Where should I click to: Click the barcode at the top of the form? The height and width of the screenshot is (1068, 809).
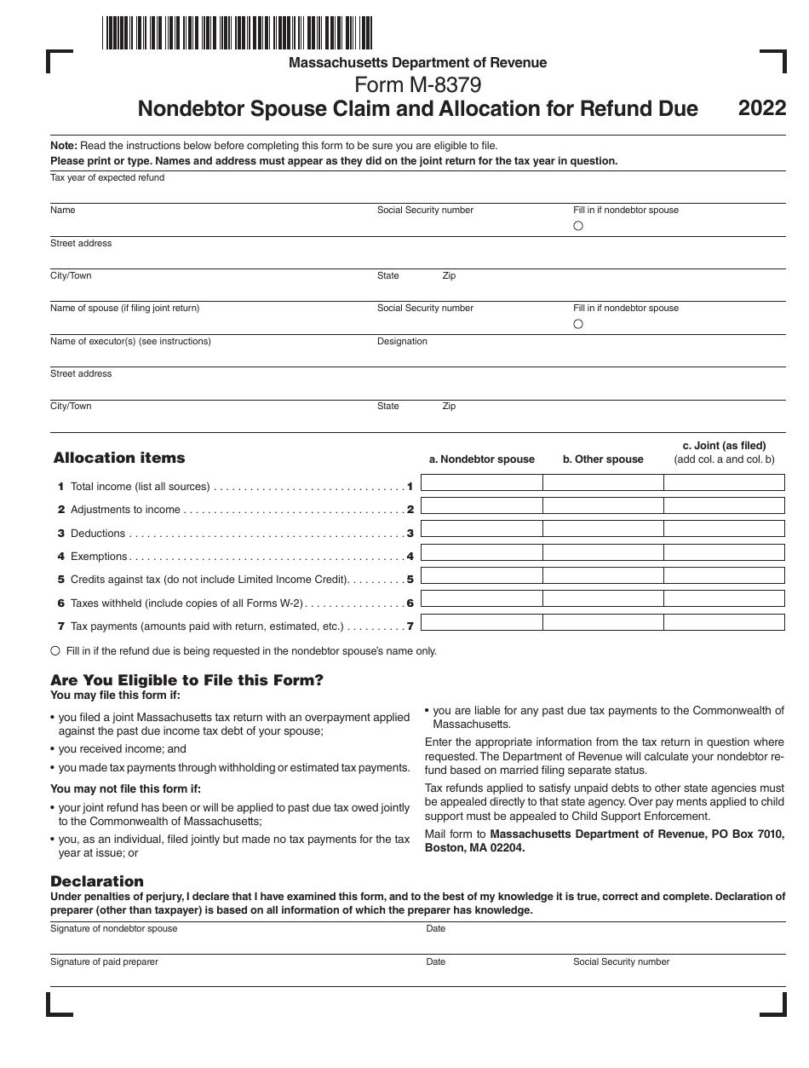[x=237, y=32]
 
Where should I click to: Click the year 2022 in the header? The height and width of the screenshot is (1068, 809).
[x=762, y=108]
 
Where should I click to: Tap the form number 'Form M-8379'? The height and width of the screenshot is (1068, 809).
[x=417, y=85]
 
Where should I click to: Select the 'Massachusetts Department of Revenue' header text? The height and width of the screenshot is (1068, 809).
[x=417, y=62]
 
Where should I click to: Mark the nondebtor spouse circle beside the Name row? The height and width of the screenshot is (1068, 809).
[x=578, y=227]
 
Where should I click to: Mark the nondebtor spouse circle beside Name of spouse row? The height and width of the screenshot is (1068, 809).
[x=578, y=324]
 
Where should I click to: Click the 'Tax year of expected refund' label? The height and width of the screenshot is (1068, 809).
[x=107, y=177]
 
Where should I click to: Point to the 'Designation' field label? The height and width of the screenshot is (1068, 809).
[x=402, y=341]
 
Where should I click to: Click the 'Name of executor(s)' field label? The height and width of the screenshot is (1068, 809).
[x=130, y=341]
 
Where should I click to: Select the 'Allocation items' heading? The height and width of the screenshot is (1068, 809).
[x=119, y=458]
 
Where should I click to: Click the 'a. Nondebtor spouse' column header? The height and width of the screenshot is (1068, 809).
[x=481, y=459]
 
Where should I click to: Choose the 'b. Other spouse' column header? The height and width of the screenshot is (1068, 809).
[x=603, y=459]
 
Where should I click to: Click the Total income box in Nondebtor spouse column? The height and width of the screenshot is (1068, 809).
[x=481, y=483]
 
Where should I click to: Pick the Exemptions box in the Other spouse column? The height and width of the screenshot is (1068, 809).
[x=603, y=553]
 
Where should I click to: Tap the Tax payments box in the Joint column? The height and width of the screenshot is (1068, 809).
[x=724, y=622]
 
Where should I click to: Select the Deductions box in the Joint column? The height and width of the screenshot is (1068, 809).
[x=724, y=530]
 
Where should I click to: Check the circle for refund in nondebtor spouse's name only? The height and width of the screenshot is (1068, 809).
[x=55, y=650]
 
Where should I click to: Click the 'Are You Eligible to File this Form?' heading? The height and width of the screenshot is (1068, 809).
[x=187, y=680]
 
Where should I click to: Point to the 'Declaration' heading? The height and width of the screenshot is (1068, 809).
[x=97, y=881]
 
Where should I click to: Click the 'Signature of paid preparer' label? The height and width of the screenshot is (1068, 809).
[x=104, y=961]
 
